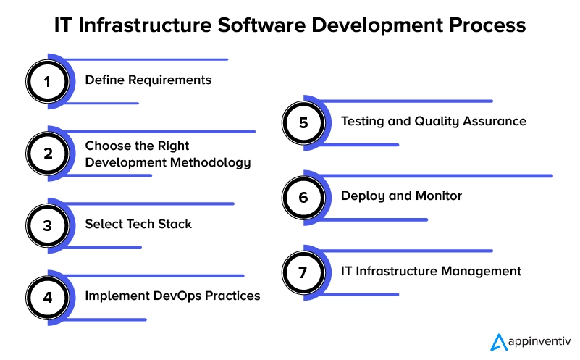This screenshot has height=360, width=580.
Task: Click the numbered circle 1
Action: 47,81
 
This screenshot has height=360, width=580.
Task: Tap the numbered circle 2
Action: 47,154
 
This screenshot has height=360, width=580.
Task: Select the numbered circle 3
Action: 47,226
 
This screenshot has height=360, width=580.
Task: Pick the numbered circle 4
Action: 47,298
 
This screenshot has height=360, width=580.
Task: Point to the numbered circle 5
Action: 303,123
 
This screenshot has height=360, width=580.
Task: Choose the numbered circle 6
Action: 303,198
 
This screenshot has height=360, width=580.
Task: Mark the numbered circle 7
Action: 303,272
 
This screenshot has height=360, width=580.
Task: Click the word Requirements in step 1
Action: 169,80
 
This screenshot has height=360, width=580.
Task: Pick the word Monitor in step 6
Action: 439,196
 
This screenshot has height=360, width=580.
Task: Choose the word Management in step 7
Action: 482,272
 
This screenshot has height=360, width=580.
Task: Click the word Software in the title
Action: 261,25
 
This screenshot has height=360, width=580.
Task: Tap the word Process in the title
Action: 487,25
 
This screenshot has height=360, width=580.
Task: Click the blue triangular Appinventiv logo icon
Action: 499,342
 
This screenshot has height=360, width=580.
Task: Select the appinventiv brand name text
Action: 539,341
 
